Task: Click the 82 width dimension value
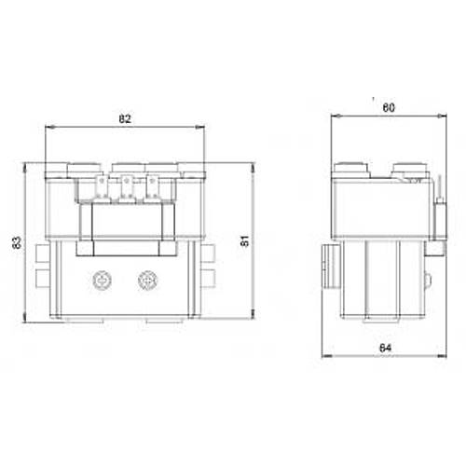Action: point(125,119)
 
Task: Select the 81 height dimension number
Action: point(244,241)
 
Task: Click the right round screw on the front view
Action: point(146,279)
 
